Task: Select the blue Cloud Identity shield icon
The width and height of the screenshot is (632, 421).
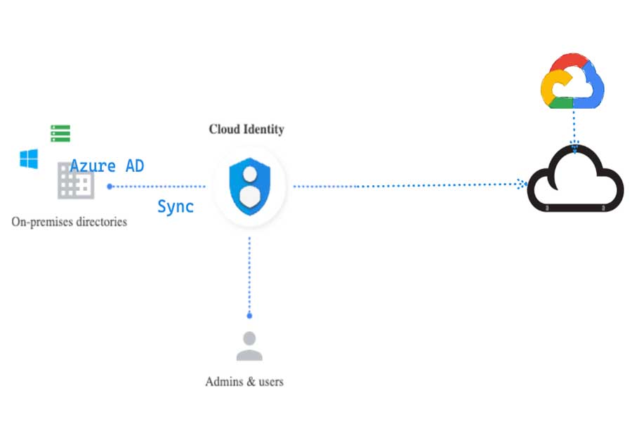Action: pos(249,186)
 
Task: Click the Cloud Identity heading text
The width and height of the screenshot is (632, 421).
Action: pos(246,129)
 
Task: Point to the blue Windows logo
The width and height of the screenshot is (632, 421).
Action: pos(29,159)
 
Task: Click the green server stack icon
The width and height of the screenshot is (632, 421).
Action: pos(60,133)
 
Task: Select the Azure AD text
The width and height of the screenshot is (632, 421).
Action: pos(107,166)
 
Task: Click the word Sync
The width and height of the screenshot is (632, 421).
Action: pos(175,206)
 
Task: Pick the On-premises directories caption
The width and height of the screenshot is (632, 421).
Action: pos(69,222)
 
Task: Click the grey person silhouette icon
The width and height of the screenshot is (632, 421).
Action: pos(249,345)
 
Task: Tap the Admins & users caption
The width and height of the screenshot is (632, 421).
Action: pos(244,382)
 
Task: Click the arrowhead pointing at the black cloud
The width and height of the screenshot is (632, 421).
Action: pos(522,184)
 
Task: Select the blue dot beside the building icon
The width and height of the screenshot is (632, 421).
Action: pos(110,187)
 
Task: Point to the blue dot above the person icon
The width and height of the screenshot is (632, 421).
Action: pos(249,316)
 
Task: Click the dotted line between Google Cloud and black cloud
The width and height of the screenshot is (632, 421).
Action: pos(574,126)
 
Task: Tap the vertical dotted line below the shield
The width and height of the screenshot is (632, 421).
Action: pos(249,274)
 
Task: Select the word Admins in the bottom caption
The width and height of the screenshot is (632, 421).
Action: pos(222,382)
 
